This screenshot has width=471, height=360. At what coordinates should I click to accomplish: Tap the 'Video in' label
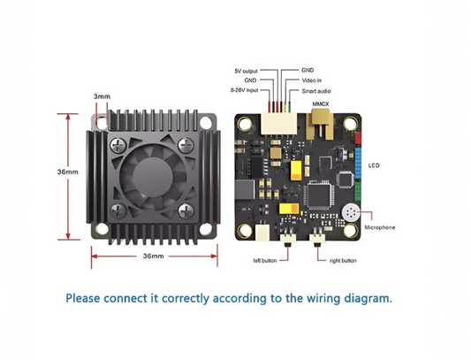tap(311, 80)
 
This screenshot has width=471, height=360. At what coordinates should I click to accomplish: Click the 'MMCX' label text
tap(321, 103)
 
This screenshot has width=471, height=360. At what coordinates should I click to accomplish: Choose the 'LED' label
tap(375, 165)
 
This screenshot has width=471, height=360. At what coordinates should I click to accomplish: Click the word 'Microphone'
tap(380, 227)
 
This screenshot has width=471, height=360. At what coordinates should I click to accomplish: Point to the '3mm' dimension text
tap(102, 96)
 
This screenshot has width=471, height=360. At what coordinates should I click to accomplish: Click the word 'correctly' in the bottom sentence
tap(181, 297)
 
